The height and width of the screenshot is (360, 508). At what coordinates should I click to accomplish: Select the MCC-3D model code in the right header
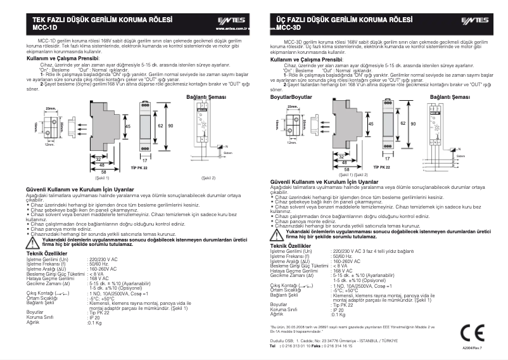pos(288,28)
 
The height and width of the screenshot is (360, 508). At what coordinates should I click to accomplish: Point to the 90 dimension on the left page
pos(170,125)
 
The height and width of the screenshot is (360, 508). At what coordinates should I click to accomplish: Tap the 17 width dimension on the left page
pos(144,161)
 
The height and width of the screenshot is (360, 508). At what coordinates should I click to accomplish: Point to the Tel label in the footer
pos(273,346)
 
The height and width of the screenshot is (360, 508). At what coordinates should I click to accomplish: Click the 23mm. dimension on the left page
pos(51,110)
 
